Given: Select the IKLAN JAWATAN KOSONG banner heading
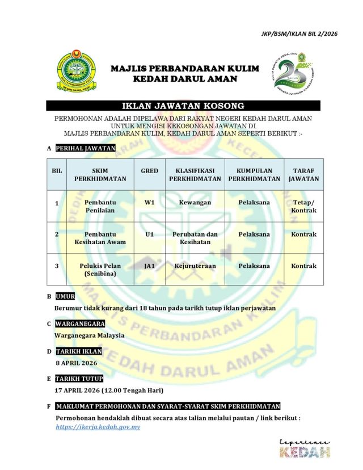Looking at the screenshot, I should tap(183, 106).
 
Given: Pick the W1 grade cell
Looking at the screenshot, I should tap(150, 202).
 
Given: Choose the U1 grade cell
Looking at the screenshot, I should tap(150, 234).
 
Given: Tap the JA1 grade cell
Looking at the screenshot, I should tap(150, 266).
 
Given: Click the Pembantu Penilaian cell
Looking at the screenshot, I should tap(100, 206).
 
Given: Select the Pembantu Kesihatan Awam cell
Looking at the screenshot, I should tap(100, 238).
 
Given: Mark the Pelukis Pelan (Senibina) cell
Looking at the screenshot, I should tap(100, 270).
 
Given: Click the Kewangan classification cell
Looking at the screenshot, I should tap(195, 202).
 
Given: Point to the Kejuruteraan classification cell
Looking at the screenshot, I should tap(195, 266).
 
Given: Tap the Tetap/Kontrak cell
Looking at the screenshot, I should tap(303, 206).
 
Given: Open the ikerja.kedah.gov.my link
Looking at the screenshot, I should tap(98, 427).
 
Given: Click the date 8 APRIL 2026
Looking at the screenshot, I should tap(77, 363).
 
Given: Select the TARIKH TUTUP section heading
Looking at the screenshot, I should tap(79, 378).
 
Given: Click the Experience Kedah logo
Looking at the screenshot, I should tap(305, 448).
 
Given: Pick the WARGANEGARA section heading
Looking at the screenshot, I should tap(80, 324).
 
